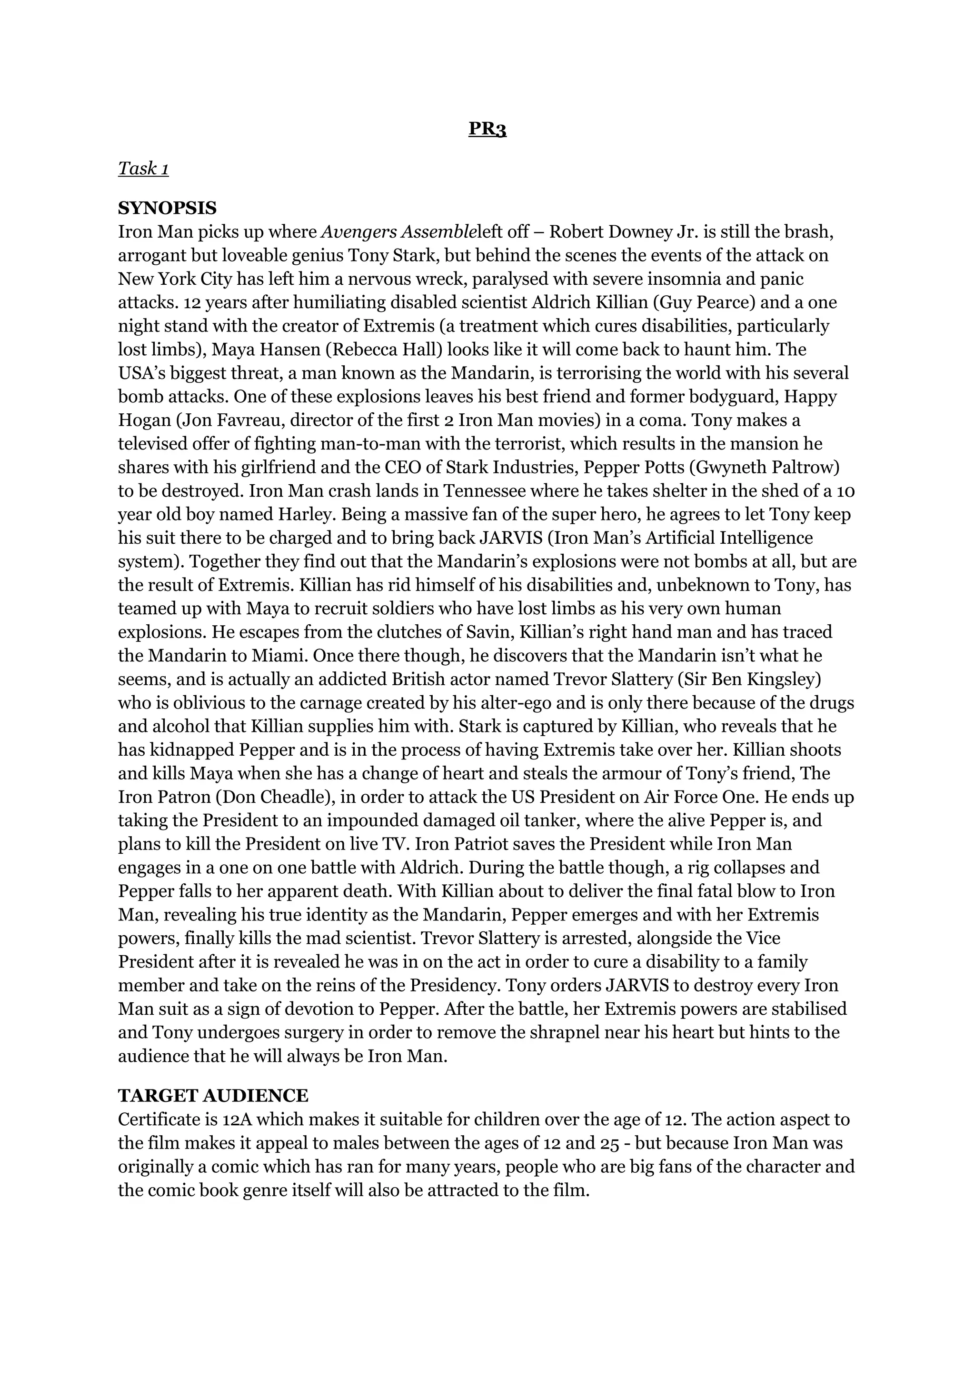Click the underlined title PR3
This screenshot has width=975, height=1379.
point(487,129)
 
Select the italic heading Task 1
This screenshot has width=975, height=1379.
point(143,169)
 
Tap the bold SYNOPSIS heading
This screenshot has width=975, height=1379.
point(167,209)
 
